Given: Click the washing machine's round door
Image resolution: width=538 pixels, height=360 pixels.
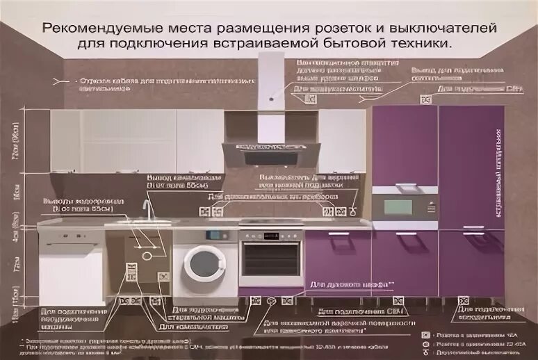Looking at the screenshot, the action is pyautogui.click(x=204, y=263).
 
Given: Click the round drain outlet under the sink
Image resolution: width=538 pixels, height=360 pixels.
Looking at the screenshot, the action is pyautogui.click(x=147, y=254).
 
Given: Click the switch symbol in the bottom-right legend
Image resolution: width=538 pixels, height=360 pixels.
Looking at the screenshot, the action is pyautogui.click(x=425, y=353).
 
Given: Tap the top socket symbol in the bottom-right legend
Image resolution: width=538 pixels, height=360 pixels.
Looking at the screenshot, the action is pyautogui.click(x=425, y=334).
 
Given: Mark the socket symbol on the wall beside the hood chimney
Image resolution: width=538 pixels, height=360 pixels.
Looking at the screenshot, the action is pyautogui.click(x=310, y=99).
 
